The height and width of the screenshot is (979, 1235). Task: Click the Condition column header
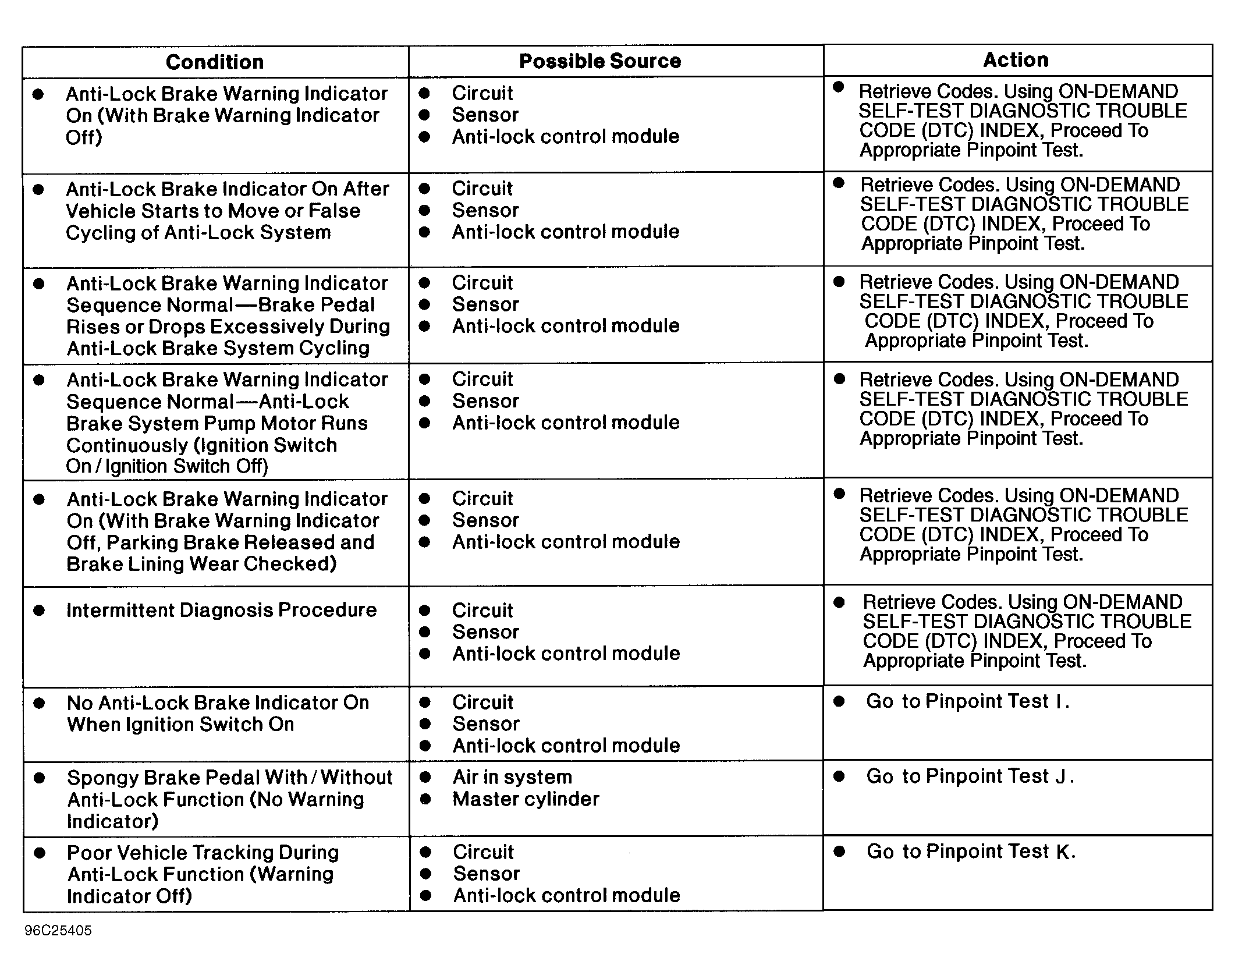tap(215, 62)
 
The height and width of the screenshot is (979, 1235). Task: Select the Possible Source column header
tap(600, 61)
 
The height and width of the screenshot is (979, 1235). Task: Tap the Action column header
tap(1016, 60)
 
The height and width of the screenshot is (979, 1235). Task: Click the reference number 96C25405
tap(58, 931)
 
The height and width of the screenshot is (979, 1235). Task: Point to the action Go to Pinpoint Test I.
tap(967, 701)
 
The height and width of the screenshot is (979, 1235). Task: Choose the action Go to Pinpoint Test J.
tap(970, 776)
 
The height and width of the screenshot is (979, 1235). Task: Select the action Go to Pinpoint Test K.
tap(971, 852)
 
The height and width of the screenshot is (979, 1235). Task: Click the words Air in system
tap(512, 777)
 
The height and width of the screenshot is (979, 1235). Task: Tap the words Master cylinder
tap(526, 799)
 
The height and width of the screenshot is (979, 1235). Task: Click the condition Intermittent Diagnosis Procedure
tap(222, 610)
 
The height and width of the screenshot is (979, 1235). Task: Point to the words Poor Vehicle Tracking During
tap(203, 853)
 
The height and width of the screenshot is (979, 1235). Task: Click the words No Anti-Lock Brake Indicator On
tap(218, 703)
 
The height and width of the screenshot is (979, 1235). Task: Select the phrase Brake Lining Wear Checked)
tap(201, 564)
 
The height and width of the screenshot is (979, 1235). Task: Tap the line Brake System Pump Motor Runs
tap(217, 423)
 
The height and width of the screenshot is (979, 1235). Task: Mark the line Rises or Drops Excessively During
tap(228, 327)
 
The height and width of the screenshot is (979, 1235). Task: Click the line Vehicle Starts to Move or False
tap(213, 211)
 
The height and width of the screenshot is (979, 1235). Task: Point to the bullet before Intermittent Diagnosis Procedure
tap(40, 611)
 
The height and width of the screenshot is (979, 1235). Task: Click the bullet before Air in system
tap(425, 777)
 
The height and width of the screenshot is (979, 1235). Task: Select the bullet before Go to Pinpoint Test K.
tap(839, 852)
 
